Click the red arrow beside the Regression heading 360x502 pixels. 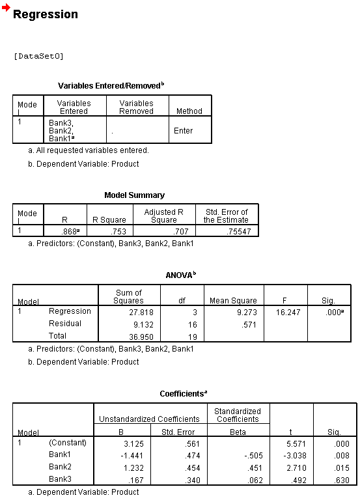[x=6, y=7]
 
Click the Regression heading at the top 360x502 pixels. [x=46, y=14]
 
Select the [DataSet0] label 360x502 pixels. [x=38, y=57]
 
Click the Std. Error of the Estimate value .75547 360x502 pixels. [x=238, y=231]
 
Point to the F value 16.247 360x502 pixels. [x=288, y=312]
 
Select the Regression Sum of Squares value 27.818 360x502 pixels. [x=141, y=312]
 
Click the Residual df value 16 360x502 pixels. [x=192, y=325]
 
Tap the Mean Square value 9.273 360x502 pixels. [x=247, y=312]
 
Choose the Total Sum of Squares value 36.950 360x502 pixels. [x=141, y=337]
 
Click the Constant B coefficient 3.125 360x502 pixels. [x=133, y=444]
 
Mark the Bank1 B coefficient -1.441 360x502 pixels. [x=132, y=456]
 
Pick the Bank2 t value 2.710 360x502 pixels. [x=296, y=468]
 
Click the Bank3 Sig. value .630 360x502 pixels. [x=341, y=481]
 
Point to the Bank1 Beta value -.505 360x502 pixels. [x=253, y=456]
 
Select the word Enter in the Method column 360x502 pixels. [x=184, y=131]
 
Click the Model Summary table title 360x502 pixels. [x=134, y=195]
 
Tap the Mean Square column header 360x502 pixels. [x=233, y=301]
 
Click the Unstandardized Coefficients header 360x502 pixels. [x=149, y=419]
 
